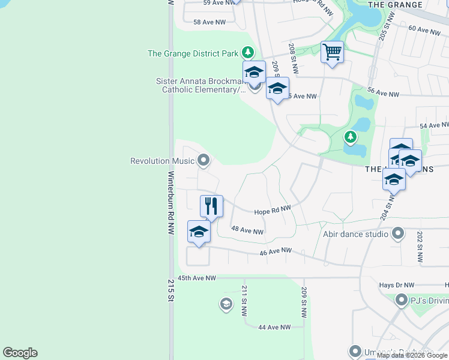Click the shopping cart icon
point(332,52)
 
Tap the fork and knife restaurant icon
point(211,206)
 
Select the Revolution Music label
point(163,161)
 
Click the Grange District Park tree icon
point(247,53)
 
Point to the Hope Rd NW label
point(272,211)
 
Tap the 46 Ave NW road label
point(276,251)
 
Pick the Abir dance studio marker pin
point(397,233)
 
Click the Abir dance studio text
point(355,234)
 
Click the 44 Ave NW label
point(274,327)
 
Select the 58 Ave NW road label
point(209,22)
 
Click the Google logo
point(20,353)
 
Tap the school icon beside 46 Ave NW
point(199,232)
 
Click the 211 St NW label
point(245,299)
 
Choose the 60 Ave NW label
point(424,29)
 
